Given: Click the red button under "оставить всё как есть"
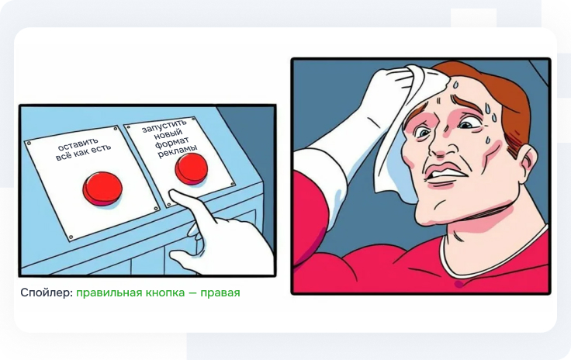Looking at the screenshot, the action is tap(102, 188).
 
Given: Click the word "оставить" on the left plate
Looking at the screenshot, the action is tap(78, 144).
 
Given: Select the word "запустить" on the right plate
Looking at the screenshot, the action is tap(164, 125).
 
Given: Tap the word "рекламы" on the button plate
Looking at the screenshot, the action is tap(178, 153).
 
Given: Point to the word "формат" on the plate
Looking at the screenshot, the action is tap(172, 143).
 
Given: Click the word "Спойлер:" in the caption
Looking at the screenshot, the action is tap(47, 292).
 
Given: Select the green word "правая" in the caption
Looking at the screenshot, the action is tap(220, 293).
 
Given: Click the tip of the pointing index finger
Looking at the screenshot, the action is tap(171, 193).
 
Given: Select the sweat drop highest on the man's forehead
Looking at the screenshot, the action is tap(455, 85).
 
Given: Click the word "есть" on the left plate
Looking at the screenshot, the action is tap(99, 149).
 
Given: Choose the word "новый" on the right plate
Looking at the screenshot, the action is tap(168, 134).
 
